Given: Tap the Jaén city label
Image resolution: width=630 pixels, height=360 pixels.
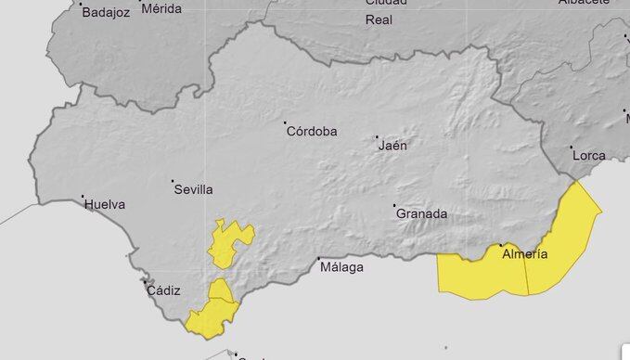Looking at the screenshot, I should [393, 146].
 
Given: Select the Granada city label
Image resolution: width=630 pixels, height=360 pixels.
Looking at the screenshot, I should [422, 214].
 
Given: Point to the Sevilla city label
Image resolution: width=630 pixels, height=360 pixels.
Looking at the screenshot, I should [193, 189].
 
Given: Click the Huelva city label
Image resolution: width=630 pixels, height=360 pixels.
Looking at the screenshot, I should [105, 205].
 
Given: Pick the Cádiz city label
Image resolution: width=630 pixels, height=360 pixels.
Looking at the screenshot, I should [164, 290].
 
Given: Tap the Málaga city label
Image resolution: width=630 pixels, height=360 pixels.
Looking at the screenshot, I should [341, 267].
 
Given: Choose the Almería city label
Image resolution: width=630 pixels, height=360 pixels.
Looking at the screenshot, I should [524, 254].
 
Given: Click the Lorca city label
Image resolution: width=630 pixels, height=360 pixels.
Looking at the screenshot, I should [588, 155].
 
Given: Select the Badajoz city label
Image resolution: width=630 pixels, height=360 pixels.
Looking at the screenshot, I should [104, 13].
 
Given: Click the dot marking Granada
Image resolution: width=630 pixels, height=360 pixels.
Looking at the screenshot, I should [394, 205].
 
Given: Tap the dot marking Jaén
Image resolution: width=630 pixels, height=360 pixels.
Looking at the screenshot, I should [378, 137].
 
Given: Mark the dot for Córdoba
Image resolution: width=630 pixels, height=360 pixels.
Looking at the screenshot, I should [286, 122].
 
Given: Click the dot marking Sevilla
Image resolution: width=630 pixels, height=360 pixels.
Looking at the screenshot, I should [173, 181].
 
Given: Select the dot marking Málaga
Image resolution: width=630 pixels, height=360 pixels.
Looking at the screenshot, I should [318, 259].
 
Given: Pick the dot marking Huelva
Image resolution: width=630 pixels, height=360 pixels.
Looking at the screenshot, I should [84, 197].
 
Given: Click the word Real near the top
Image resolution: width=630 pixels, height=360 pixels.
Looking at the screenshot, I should [379, 19].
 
